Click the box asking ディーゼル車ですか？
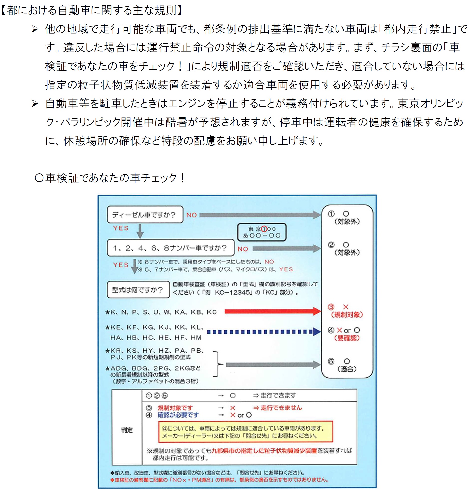click(x=145, y=214)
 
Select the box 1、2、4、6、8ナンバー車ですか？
click(x=170, y=248)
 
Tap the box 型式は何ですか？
click(x=138, y=290)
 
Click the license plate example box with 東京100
click(x=262, y=232)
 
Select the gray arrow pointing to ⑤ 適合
click(x=273, y=365)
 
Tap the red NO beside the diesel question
click(x=192, y=215)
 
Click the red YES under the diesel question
click(x=121, y=228)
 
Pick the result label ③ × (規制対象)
click(x=346, y=311)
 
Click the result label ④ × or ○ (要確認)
click(x=346, y=334)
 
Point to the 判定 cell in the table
click(x=127, y=430)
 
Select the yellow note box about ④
click(x=245, y=432)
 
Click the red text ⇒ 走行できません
click(x=277, y=408)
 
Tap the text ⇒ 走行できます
click(x=274, y=395)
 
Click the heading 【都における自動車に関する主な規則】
click(x=92, y=10)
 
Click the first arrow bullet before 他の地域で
click(x=35, y=29)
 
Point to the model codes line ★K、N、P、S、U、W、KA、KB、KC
click(x=161, y=312)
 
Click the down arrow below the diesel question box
click(x=140, y=231)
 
